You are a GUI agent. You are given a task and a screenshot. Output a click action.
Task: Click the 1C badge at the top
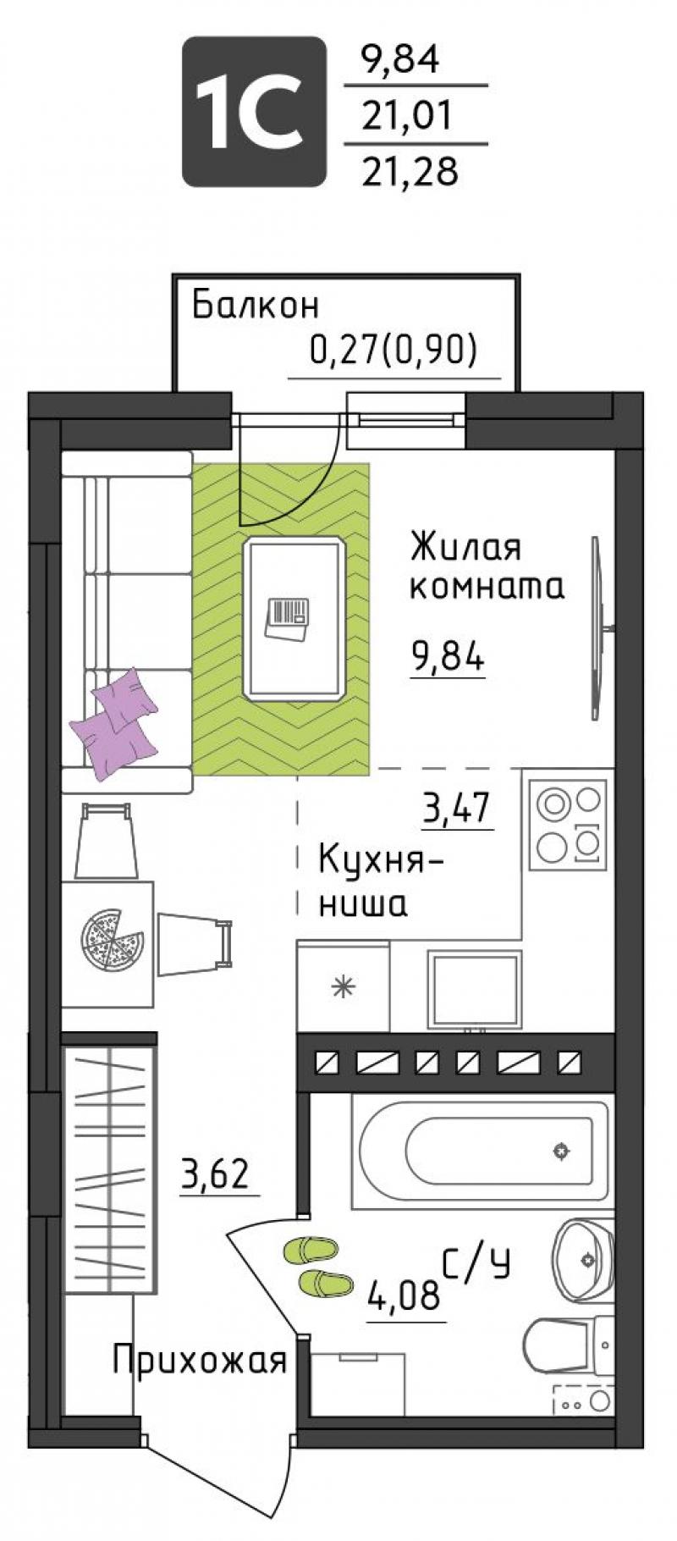coord(254,111)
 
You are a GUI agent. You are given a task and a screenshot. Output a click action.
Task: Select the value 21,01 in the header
coord(410,114)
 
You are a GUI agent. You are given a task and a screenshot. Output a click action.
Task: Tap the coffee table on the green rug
coord(295,618)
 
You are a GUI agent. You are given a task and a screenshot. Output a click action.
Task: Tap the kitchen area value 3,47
coord(457,809)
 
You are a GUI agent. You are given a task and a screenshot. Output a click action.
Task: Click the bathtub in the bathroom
coord(480,1150)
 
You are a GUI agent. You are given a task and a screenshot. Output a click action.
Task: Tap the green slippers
coord(317,1265)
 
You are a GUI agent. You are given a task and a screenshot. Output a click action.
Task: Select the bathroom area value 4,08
coord(404,1294)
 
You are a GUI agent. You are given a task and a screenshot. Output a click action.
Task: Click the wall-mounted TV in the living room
coord(599,627)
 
